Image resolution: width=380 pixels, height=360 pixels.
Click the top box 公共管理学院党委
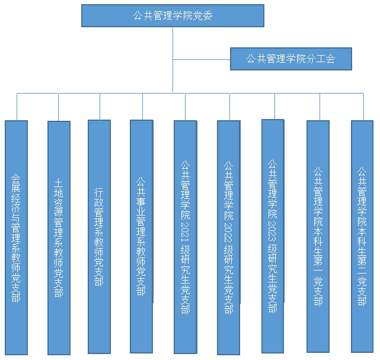(173, 15)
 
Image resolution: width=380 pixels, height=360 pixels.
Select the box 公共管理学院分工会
(291, 59)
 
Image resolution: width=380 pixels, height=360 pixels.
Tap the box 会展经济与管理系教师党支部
(16, 237)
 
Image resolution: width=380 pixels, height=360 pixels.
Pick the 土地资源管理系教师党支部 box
(58, 237)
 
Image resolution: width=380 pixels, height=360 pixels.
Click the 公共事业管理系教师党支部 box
(141, 237)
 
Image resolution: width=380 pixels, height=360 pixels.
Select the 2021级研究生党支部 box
(185, 237)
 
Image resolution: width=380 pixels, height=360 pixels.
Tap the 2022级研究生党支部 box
(228, 237)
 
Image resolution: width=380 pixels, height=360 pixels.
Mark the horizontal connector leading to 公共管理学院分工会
(202, 59)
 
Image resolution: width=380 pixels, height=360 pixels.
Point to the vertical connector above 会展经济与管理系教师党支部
(17, 107)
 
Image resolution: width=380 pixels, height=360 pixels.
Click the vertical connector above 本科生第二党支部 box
(362, 107)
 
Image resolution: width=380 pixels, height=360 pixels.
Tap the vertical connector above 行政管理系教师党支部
(100, 107)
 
